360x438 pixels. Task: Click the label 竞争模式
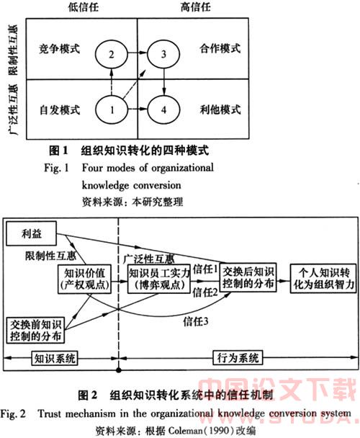59,48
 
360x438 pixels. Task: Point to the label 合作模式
220,48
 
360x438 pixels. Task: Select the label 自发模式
60,109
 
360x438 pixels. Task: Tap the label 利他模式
220,109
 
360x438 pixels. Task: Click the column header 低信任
84,7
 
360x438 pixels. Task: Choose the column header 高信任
195,6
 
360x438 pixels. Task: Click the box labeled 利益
31,233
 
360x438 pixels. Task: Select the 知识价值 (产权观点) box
84,280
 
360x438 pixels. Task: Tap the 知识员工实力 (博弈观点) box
158,279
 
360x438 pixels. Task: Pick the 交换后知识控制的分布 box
248,277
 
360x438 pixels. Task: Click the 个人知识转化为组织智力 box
323,278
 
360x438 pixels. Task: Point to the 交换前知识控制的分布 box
35,330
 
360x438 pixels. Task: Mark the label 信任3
196,321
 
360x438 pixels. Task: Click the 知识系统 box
55,358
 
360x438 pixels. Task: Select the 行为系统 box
238,358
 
